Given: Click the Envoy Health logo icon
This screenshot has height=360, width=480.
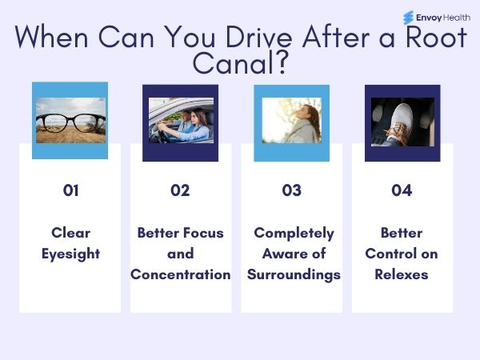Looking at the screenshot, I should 409,17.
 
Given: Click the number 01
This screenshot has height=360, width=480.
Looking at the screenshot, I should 70,190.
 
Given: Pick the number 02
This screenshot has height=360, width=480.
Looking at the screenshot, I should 180,190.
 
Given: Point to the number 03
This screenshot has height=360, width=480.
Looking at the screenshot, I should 291,190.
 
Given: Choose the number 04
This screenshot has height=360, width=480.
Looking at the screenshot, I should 401,190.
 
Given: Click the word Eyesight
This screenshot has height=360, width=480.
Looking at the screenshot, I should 70,254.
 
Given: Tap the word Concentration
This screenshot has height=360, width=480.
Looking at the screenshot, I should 181,274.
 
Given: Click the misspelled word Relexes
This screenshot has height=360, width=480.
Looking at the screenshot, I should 402,274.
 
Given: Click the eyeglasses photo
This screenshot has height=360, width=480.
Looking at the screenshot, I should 70,121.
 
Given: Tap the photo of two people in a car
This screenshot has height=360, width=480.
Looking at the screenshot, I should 180,120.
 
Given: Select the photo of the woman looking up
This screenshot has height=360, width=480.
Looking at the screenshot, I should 291,120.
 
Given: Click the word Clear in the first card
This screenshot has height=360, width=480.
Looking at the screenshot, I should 70,233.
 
